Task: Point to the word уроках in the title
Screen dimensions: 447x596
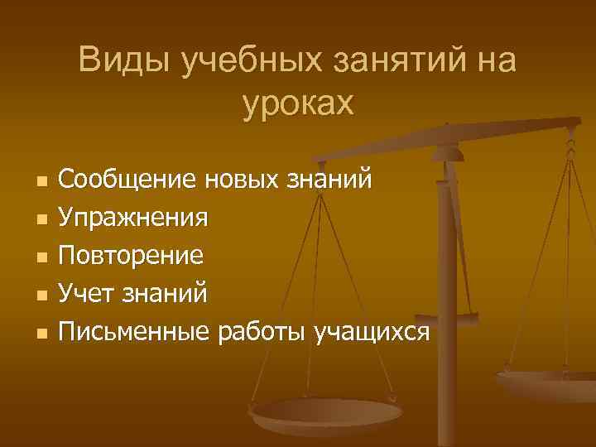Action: (x=298, y=103)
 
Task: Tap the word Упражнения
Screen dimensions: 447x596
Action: (x=133, y=217)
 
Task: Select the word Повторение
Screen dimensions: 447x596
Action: (x=131, y=255)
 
